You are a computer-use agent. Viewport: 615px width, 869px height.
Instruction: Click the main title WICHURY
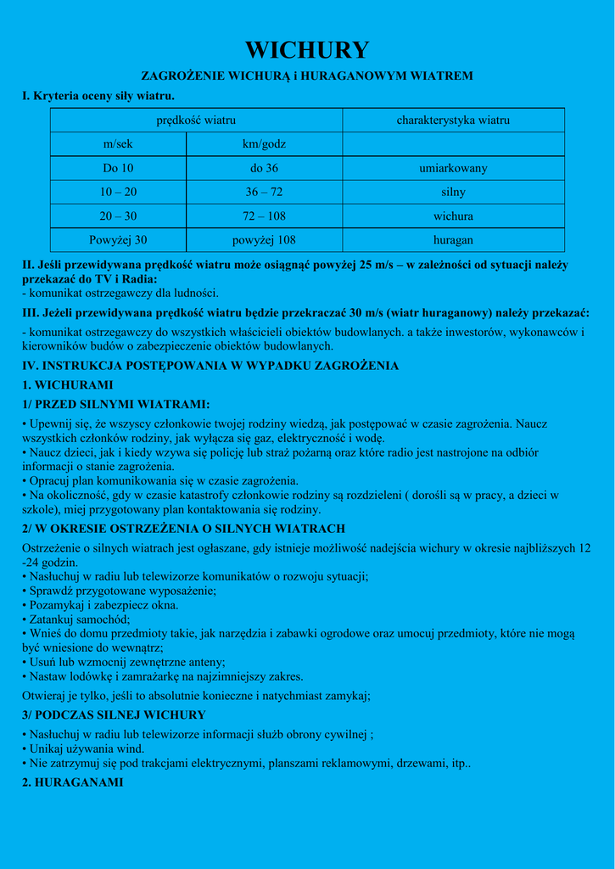307,50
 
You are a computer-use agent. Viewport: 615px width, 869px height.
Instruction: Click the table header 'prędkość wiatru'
196,121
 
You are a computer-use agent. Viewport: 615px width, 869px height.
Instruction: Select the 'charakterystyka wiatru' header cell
453,121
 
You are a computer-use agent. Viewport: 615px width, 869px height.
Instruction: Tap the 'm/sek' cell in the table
118,144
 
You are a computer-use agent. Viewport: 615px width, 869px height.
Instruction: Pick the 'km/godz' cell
264,144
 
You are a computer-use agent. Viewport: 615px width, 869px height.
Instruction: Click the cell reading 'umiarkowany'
453,168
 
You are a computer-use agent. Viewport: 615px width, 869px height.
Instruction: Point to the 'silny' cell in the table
453,192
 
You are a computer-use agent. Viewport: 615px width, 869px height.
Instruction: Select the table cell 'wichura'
453,216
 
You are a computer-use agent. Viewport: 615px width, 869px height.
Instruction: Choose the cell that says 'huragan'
453,240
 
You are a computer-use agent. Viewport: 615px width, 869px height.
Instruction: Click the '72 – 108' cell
264,216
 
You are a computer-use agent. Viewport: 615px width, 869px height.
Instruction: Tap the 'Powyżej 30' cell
118,240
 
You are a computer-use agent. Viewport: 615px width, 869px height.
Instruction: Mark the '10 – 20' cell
118,192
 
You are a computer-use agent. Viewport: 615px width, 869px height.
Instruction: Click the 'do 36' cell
264,168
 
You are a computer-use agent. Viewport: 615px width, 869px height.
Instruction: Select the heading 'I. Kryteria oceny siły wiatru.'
98,96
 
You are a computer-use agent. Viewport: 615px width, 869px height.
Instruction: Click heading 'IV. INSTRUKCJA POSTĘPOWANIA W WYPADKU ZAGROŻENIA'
210,366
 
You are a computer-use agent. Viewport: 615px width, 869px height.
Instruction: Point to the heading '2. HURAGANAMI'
72,782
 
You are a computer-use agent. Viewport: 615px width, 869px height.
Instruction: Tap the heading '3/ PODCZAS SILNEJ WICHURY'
114,715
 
